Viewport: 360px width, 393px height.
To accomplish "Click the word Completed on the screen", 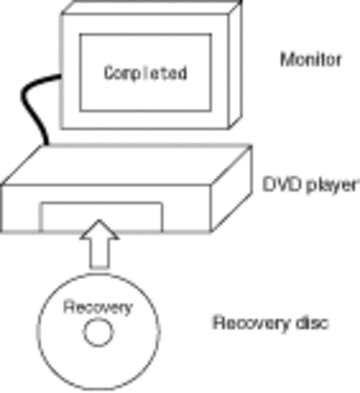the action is click(146, 73).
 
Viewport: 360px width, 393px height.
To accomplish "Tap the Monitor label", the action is click(310, 59).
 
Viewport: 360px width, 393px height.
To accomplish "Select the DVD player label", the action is click(310, 184).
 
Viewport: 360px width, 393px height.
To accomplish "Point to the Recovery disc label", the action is click(270, 323).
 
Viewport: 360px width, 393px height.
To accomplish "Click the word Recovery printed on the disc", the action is click(98, 308).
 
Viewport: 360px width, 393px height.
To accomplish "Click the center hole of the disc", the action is click(98, 332).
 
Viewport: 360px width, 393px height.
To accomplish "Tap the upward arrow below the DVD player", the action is click(99, 244).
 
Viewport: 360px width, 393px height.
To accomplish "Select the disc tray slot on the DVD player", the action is click(102, 217).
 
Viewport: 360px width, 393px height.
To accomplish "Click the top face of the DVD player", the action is click(126, 165).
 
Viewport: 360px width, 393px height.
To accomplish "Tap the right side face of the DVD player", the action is click(231, 189).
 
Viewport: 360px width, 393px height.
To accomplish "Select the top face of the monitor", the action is click(151, 6).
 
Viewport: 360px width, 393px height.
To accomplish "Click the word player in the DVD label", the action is click(332, 185).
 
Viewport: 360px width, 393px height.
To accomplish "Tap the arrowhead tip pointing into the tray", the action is click(99, 220).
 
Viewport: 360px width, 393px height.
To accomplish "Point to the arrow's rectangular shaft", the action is click(99, 254).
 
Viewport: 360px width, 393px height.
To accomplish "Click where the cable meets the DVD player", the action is click(46, 145).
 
